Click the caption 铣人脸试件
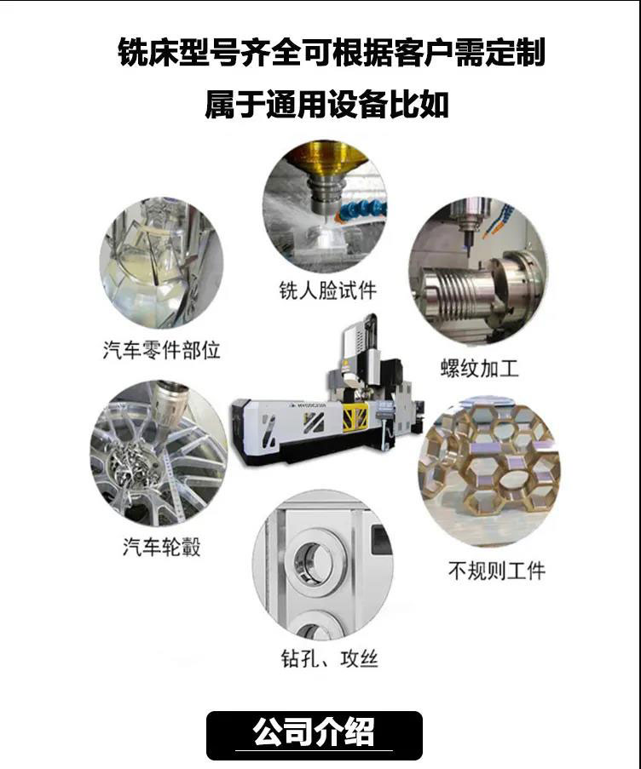[x=328, y=290]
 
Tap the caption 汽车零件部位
[x=161, y=350]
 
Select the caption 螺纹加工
[x=480, y=368]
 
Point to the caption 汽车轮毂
[x=161, y=547]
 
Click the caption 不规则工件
[x=497, y=571]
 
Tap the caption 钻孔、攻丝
[x=330, y=658]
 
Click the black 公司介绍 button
[x=315, y=735]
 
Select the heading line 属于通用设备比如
[x=326, y=105]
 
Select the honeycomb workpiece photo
[x=489, y=472]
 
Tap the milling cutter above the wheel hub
[x=167, y=405]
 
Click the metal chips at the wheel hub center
[x=131, y=465]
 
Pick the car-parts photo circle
[x=161, y=263]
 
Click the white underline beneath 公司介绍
[x=315, y=750]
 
